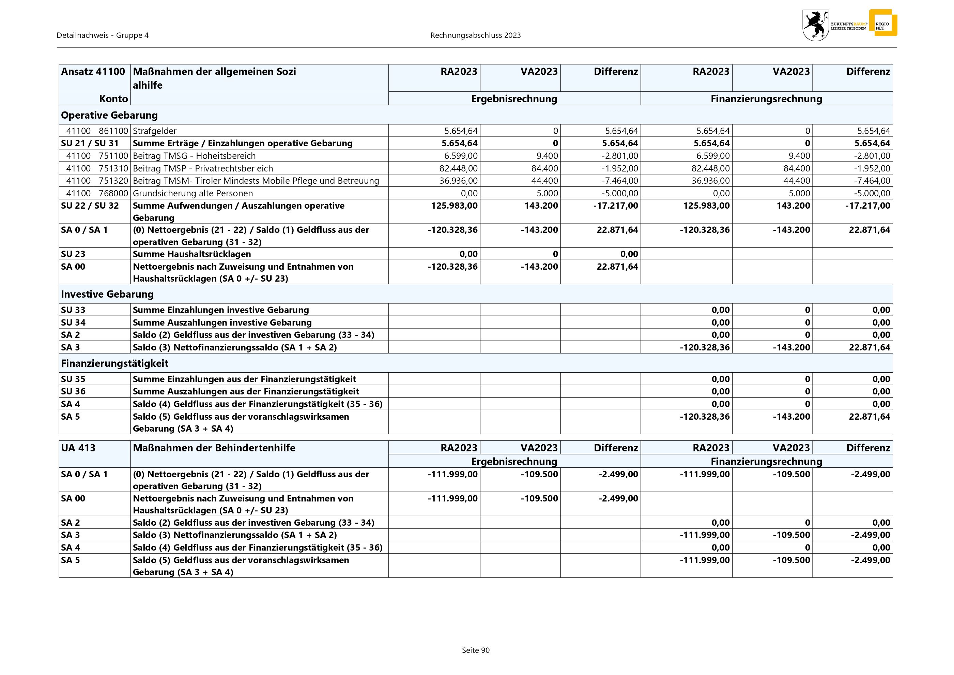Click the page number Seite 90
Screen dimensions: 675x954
pyautogui.click(x=476, y=650)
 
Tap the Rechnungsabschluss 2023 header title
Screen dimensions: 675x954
pyautogui.click(x=475, y=35)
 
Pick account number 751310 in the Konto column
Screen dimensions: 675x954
pyautogui.click(x=113, y=168)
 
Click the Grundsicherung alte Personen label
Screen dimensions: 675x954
pyautogui.click(x=193, y=193)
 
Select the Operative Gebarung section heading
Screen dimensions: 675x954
pyautogui.click(x=109, y=115)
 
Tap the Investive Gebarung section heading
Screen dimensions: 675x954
pyautogui.click(x=107, y=294)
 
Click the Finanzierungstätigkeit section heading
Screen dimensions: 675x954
pyautogui.click(x=115, y=363)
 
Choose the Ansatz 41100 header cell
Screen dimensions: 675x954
pyautogui.click(x=93, y=72)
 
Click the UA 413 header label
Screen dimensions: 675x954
pyautogui.click(x=78, y=448)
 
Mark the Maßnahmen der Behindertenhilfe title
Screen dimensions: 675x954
pyautogui.click(x=214, y=448)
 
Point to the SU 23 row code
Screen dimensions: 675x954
pyautogui.click(x=73, y=254)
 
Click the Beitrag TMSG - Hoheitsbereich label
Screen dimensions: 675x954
pyautogui.click(x=194, y=156)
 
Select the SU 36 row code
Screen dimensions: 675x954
pyautogui.click(x=73, y=391)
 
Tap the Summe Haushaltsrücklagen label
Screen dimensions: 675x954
pyautogui.click(x=191, y=254)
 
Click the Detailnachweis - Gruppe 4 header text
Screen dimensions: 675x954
pyautogui.click(x=103, y=35)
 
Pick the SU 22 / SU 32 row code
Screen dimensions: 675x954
pyautogui.click(x=90, y=206)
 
